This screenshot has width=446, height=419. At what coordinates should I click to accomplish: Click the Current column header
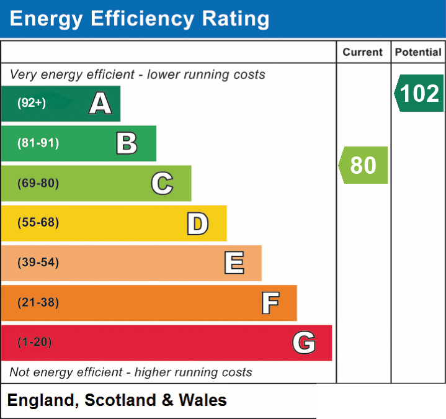point(363,52)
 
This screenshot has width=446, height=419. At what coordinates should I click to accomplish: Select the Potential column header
point(418,52)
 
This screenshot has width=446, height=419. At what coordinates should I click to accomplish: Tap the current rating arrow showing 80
point(363,165)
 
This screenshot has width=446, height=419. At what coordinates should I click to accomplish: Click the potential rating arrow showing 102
point(419,93)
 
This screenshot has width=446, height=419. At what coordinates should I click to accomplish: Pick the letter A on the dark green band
point(100,103)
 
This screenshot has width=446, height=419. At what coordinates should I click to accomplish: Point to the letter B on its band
point(127,143)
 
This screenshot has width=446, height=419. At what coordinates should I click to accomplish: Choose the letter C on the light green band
point(162,183)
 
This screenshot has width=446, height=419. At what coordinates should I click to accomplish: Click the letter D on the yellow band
point(198,223)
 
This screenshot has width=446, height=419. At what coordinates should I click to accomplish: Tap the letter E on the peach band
point(234,263)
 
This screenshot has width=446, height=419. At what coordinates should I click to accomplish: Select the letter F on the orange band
point(270,303)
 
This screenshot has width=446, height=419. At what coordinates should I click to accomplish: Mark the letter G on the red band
point(304,342)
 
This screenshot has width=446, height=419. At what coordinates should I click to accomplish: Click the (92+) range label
point(32,102)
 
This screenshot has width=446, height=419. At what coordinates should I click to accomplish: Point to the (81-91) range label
point(38,143)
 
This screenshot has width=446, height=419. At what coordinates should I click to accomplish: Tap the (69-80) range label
point(38,183)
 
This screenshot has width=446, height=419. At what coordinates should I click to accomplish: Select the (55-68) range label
point(38,222)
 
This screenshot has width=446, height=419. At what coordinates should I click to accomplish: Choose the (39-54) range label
point(38,262)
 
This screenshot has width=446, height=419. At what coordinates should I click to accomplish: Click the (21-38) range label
point(38,302)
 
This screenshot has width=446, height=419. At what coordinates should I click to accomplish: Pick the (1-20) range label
point(34,342)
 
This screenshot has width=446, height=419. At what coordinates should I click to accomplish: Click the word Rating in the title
point(236,19)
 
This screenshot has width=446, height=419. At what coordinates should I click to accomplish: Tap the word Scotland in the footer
point(120,400)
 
